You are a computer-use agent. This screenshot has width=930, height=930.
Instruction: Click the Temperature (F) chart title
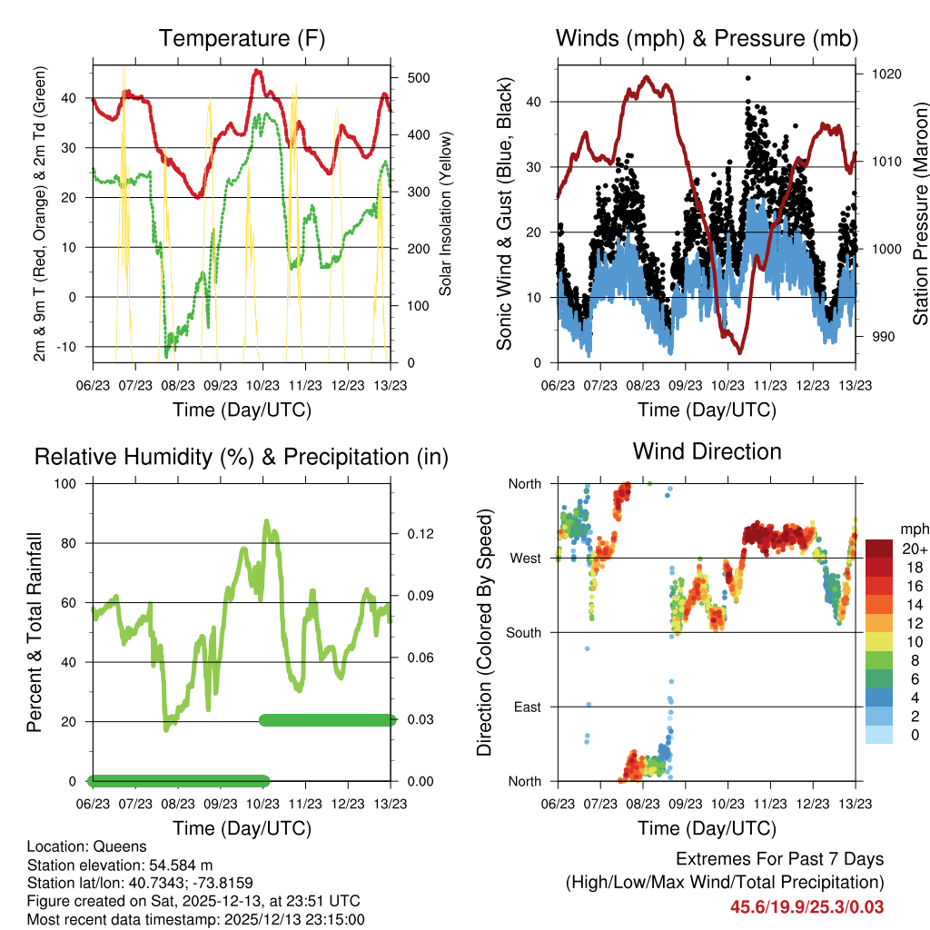pos(242,38)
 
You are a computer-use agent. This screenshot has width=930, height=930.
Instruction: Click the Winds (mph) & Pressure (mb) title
pos(707,38)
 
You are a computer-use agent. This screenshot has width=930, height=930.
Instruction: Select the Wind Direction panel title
pos(707,450)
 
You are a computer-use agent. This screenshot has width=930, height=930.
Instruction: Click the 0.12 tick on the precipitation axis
pos(418,534)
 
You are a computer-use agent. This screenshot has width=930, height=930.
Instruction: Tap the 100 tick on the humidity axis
pos(67,484)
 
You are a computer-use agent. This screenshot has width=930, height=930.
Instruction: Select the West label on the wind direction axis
pos(523,558)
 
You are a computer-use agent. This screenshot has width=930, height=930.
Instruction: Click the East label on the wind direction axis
pos(525,707)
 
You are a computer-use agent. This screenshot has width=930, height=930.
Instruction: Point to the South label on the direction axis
pos(522,632)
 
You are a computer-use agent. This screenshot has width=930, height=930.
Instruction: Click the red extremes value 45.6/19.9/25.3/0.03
pos(806,907)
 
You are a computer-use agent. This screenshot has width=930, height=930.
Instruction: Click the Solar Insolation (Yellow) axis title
pos(446,214)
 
